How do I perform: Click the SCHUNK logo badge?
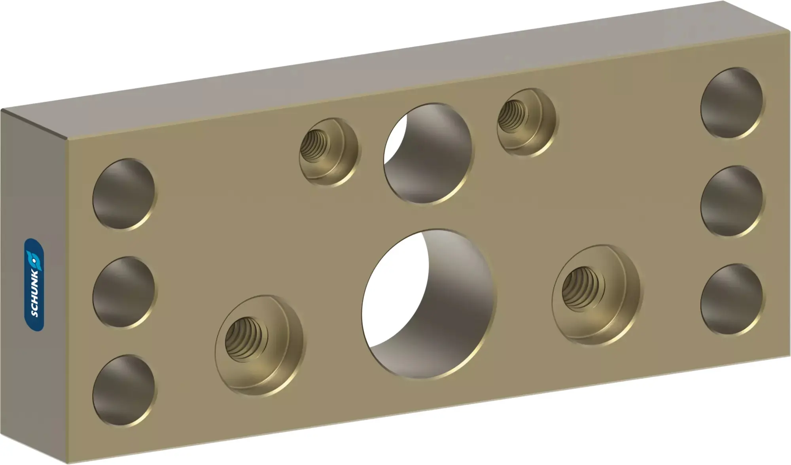[x=34, y=285]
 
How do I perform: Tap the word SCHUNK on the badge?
[x=35, y=294]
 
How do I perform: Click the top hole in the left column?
[x=125, y=194]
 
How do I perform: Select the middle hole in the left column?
[x=125, y=292]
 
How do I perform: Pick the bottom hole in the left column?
[x=125, y=390]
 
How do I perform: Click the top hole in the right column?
[x=732, y=103]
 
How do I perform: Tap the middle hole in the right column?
[x=732, y=201]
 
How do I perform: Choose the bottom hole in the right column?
[x=732, y=299]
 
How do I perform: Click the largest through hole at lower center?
[x=429, y=304]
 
